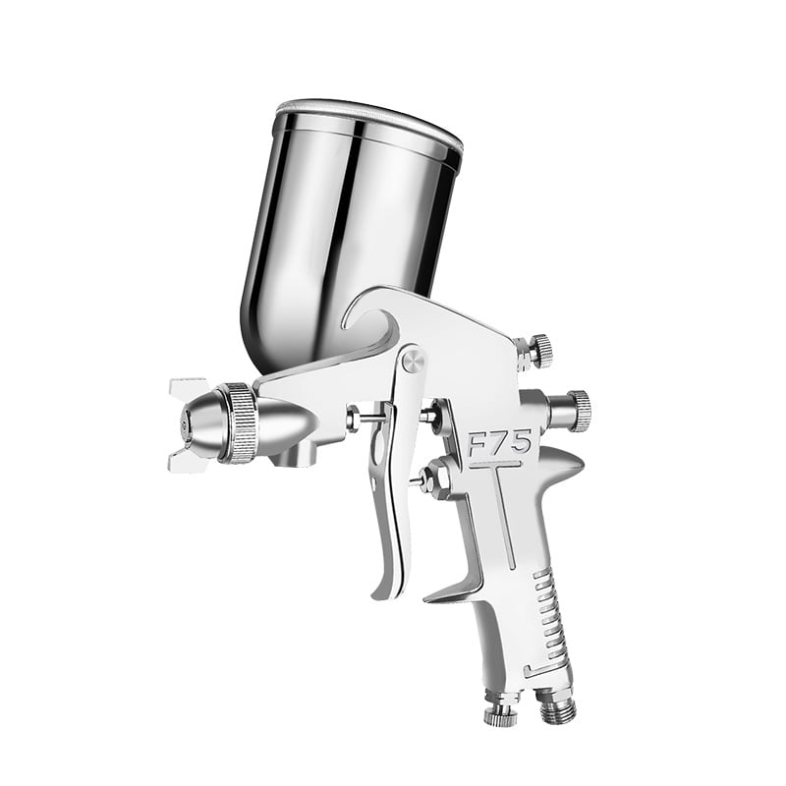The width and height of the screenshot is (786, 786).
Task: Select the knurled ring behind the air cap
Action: pos(240,422)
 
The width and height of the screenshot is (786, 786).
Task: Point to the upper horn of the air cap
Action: pos(189,386)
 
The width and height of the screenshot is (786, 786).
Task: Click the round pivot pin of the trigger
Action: pos(415,360)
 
